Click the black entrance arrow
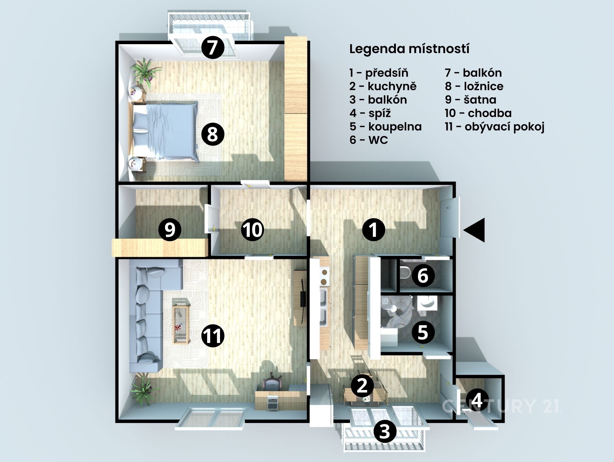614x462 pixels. (x=475, y=230)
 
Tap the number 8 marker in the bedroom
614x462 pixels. (x=213, y=134)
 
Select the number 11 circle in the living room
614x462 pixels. (x=213, y=336)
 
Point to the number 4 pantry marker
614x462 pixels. (x=477, y=400)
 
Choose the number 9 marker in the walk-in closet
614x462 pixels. (x=170, y=229)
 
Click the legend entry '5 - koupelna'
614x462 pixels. (x=386, y=127)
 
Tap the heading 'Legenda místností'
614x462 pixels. (x=409, y=49)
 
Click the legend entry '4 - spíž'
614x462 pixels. (x=370, y=113)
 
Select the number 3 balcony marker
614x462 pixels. (x=385, y=431)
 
